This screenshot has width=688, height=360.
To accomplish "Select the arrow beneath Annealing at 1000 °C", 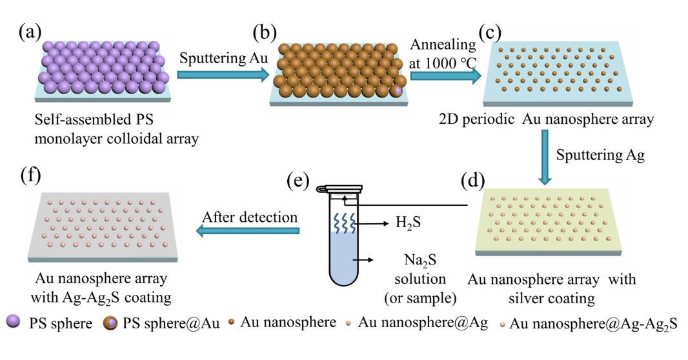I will [x=445, y=76].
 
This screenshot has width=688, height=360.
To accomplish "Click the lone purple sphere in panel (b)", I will [x=398, y=92].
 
